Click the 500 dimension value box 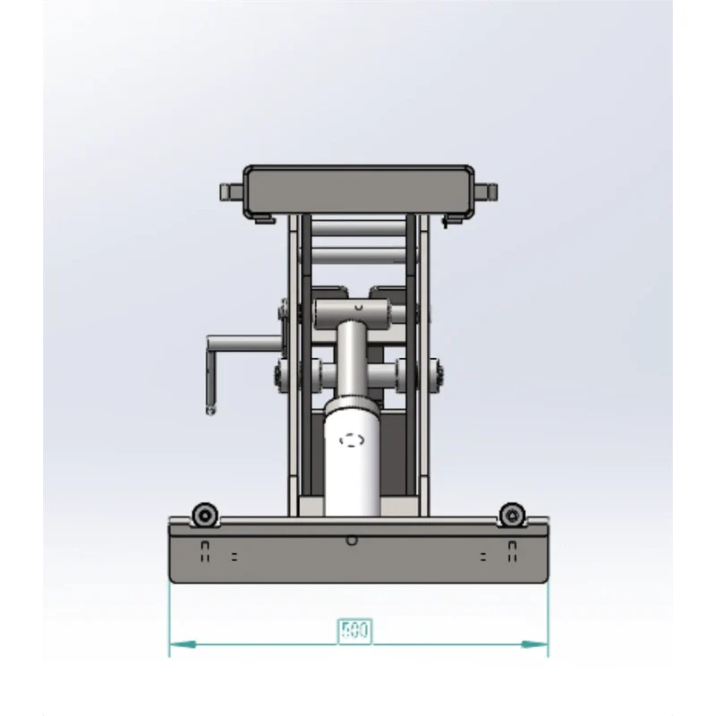pyautogui.click(x=354, y=631)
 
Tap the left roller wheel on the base pyautogui.click(x=205, y=515)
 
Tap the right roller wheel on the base pyautogui.click(x=511, y=515)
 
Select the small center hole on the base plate pyautogui.click(x=353, y=540)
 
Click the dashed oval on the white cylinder pyautogui.click(x=352, y=439)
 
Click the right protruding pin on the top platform pyautogui.click(x=487, y=192)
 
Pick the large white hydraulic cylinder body pyautogui.click(x=352, y=461)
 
